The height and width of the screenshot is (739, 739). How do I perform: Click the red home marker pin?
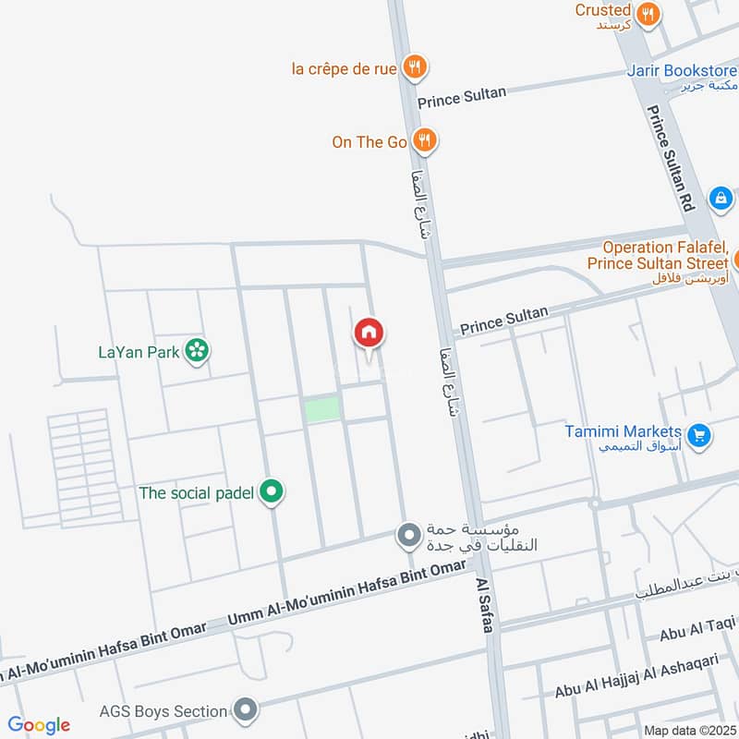click(369, 333)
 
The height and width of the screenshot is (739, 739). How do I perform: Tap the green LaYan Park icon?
click(196, 351)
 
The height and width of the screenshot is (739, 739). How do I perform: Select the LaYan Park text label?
click(139, 352)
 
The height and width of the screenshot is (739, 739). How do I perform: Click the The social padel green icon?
click(271, 492)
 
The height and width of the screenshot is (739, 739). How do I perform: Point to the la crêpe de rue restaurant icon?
click(415, 67)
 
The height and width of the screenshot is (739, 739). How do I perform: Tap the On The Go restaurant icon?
click(424, 141)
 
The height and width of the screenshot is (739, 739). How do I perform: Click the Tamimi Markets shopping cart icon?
click(699, 432)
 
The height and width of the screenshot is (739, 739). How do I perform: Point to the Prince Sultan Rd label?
click(671, 157)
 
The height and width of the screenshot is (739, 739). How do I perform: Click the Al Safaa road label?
click(484, 606)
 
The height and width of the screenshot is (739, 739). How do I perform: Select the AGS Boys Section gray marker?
click(245, 711)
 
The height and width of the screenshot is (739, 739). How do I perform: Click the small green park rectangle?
click(322, 409)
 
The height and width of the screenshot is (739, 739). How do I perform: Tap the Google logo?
click(39, 725)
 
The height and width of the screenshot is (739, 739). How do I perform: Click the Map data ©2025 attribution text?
click(687, 730)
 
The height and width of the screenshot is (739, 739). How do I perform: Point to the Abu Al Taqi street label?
click(697, 634)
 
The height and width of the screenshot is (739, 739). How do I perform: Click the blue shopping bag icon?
click(721, 198)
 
